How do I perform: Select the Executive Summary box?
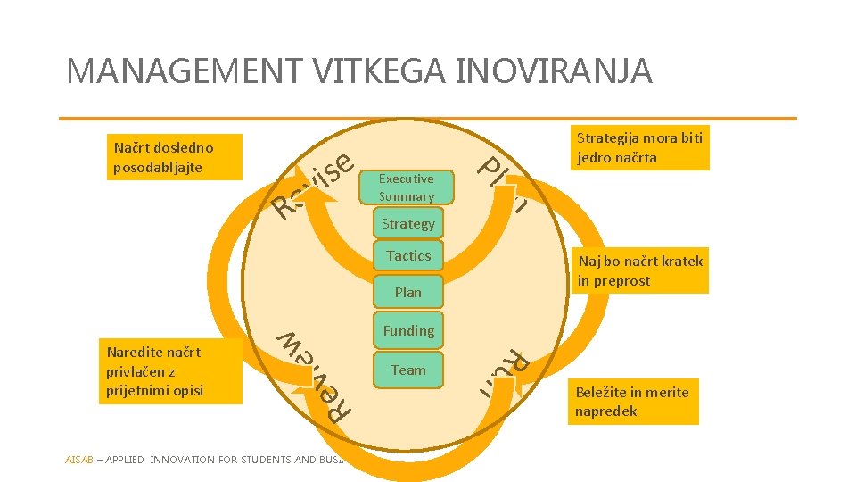click(x=407, y=187)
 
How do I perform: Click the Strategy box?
click(x=407, y=223)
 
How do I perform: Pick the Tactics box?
click(x=408, y=256)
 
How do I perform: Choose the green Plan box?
click(x=407, y=292)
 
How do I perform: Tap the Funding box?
click(x=408, y=331)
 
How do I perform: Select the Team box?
click(x=408, y=370)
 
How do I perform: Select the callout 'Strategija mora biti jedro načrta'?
click(x=639, y=148)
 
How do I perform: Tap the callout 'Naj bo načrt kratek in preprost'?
click(x=639, y=270)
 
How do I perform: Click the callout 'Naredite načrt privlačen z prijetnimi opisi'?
click(x=169, y=371)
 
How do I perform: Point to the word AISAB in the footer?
click(x=78, y=461)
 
